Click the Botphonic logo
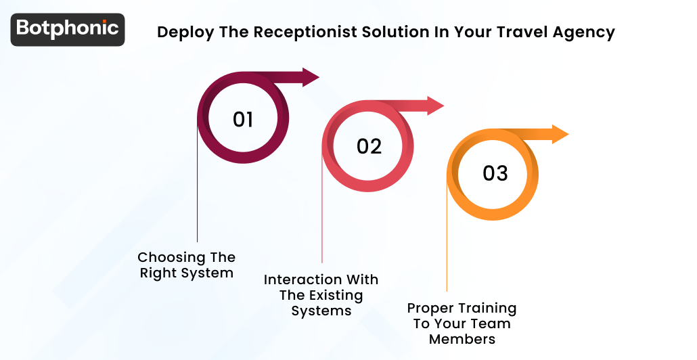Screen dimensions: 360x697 (x=68, y=29)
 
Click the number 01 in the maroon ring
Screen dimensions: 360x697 (x=243, y=120)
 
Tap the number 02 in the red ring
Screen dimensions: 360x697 (x=369, y=146)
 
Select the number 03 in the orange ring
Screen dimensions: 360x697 (x=495, y=173)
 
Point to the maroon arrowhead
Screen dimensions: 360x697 (x=310, y=77)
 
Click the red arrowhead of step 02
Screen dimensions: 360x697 (x=435, y=106)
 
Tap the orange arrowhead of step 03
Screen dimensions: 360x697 (x=560, y=134)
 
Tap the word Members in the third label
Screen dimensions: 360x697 (x=462, y=339)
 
